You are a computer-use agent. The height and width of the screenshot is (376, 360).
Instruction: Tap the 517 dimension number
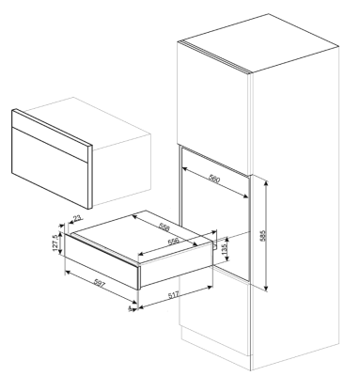tap(173, 294)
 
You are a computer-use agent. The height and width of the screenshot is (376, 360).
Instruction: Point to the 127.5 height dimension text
tap(56, 243)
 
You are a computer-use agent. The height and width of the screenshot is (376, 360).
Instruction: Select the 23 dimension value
tap(78, 217)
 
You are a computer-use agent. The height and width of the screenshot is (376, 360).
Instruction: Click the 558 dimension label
tap(164, 227)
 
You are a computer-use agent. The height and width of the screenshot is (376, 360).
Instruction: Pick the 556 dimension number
tap(173, 241)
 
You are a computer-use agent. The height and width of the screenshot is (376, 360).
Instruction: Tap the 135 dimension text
tap(224, 249)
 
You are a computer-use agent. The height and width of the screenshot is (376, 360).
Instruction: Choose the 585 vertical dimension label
tap(262, 236)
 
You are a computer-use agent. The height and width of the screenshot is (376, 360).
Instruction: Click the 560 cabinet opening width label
tap(214, 179)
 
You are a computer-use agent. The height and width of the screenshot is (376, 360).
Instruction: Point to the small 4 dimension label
tap(130, 309)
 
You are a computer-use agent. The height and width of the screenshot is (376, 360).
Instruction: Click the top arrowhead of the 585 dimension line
tap(266, 183)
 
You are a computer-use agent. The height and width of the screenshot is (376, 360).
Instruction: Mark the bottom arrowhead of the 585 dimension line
tap(266, 289)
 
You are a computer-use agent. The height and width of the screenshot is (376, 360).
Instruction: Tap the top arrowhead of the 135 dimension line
tap(227, 239)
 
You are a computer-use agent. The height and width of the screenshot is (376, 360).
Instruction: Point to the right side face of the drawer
tap(176, 265)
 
